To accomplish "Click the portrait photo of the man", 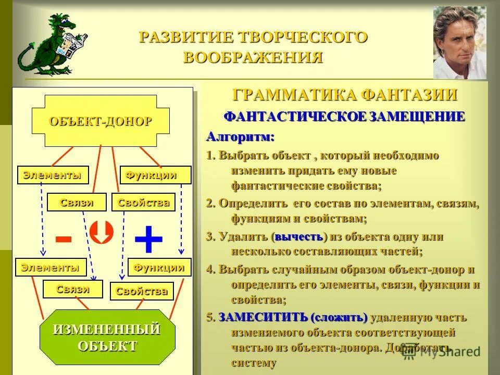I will [460, 42].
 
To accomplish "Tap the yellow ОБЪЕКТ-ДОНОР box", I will [101, 121].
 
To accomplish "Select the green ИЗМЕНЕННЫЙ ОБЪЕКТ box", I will [108, 337].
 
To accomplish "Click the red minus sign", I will [64, 239].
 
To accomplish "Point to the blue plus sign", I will [148, 240].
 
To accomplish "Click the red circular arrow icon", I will [102, 232].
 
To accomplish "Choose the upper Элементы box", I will [52, 175].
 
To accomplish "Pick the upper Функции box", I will [155, 175].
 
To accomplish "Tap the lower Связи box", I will [73, 289].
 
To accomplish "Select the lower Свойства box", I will [142, 291].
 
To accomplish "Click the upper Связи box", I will [77, 202].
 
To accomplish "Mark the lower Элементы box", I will [51, 267].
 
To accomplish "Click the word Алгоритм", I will [240, 137].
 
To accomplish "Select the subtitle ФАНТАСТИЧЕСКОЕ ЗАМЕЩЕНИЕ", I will [344, 117].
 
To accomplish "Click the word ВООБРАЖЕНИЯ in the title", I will [253, 57].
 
